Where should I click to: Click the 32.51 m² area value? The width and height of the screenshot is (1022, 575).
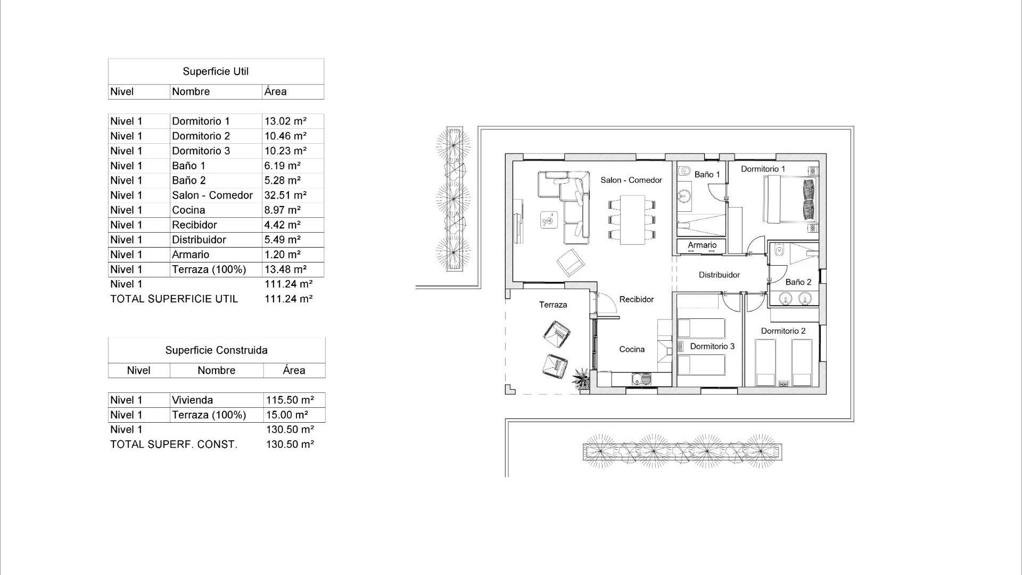tap(285, 195)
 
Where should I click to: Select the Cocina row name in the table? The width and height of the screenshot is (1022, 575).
tap(188, 210)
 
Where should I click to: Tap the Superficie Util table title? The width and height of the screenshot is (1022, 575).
tap(216, 71)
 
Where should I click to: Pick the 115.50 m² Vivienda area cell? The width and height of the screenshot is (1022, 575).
tap(290, 400)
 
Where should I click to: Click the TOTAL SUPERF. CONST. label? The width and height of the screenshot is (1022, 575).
tap(174, 445)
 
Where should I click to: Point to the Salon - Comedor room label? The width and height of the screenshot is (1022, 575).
tap(631, 180)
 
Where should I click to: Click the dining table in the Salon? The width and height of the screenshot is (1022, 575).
tap(632, 219)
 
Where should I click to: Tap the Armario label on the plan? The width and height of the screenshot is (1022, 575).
tap(702, 245)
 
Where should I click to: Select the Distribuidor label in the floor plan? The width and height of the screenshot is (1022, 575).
tap(719, 275)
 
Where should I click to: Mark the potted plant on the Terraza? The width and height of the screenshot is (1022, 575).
tap(581, 380)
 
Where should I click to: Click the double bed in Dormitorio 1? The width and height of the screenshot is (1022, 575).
tap(790, 200)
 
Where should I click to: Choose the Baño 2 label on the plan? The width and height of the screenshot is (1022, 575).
tap(798, 282)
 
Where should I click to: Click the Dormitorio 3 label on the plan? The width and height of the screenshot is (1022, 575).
tap(712, 347)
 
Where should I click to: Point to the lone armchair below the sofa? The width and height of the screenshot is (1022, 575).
tap(571, 262)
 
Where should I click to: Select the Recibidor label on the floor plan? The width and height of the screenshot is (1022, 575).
tap(637, 300)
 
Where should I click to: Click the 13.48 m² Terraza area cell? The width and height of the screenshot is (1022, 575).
tap(285, 269)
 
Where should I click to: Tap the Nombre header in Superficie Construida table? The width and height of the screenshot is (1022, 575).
tap(216, 371)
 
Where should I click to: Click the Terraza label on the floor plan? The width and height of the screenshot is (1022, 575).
tap(553, 305)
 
